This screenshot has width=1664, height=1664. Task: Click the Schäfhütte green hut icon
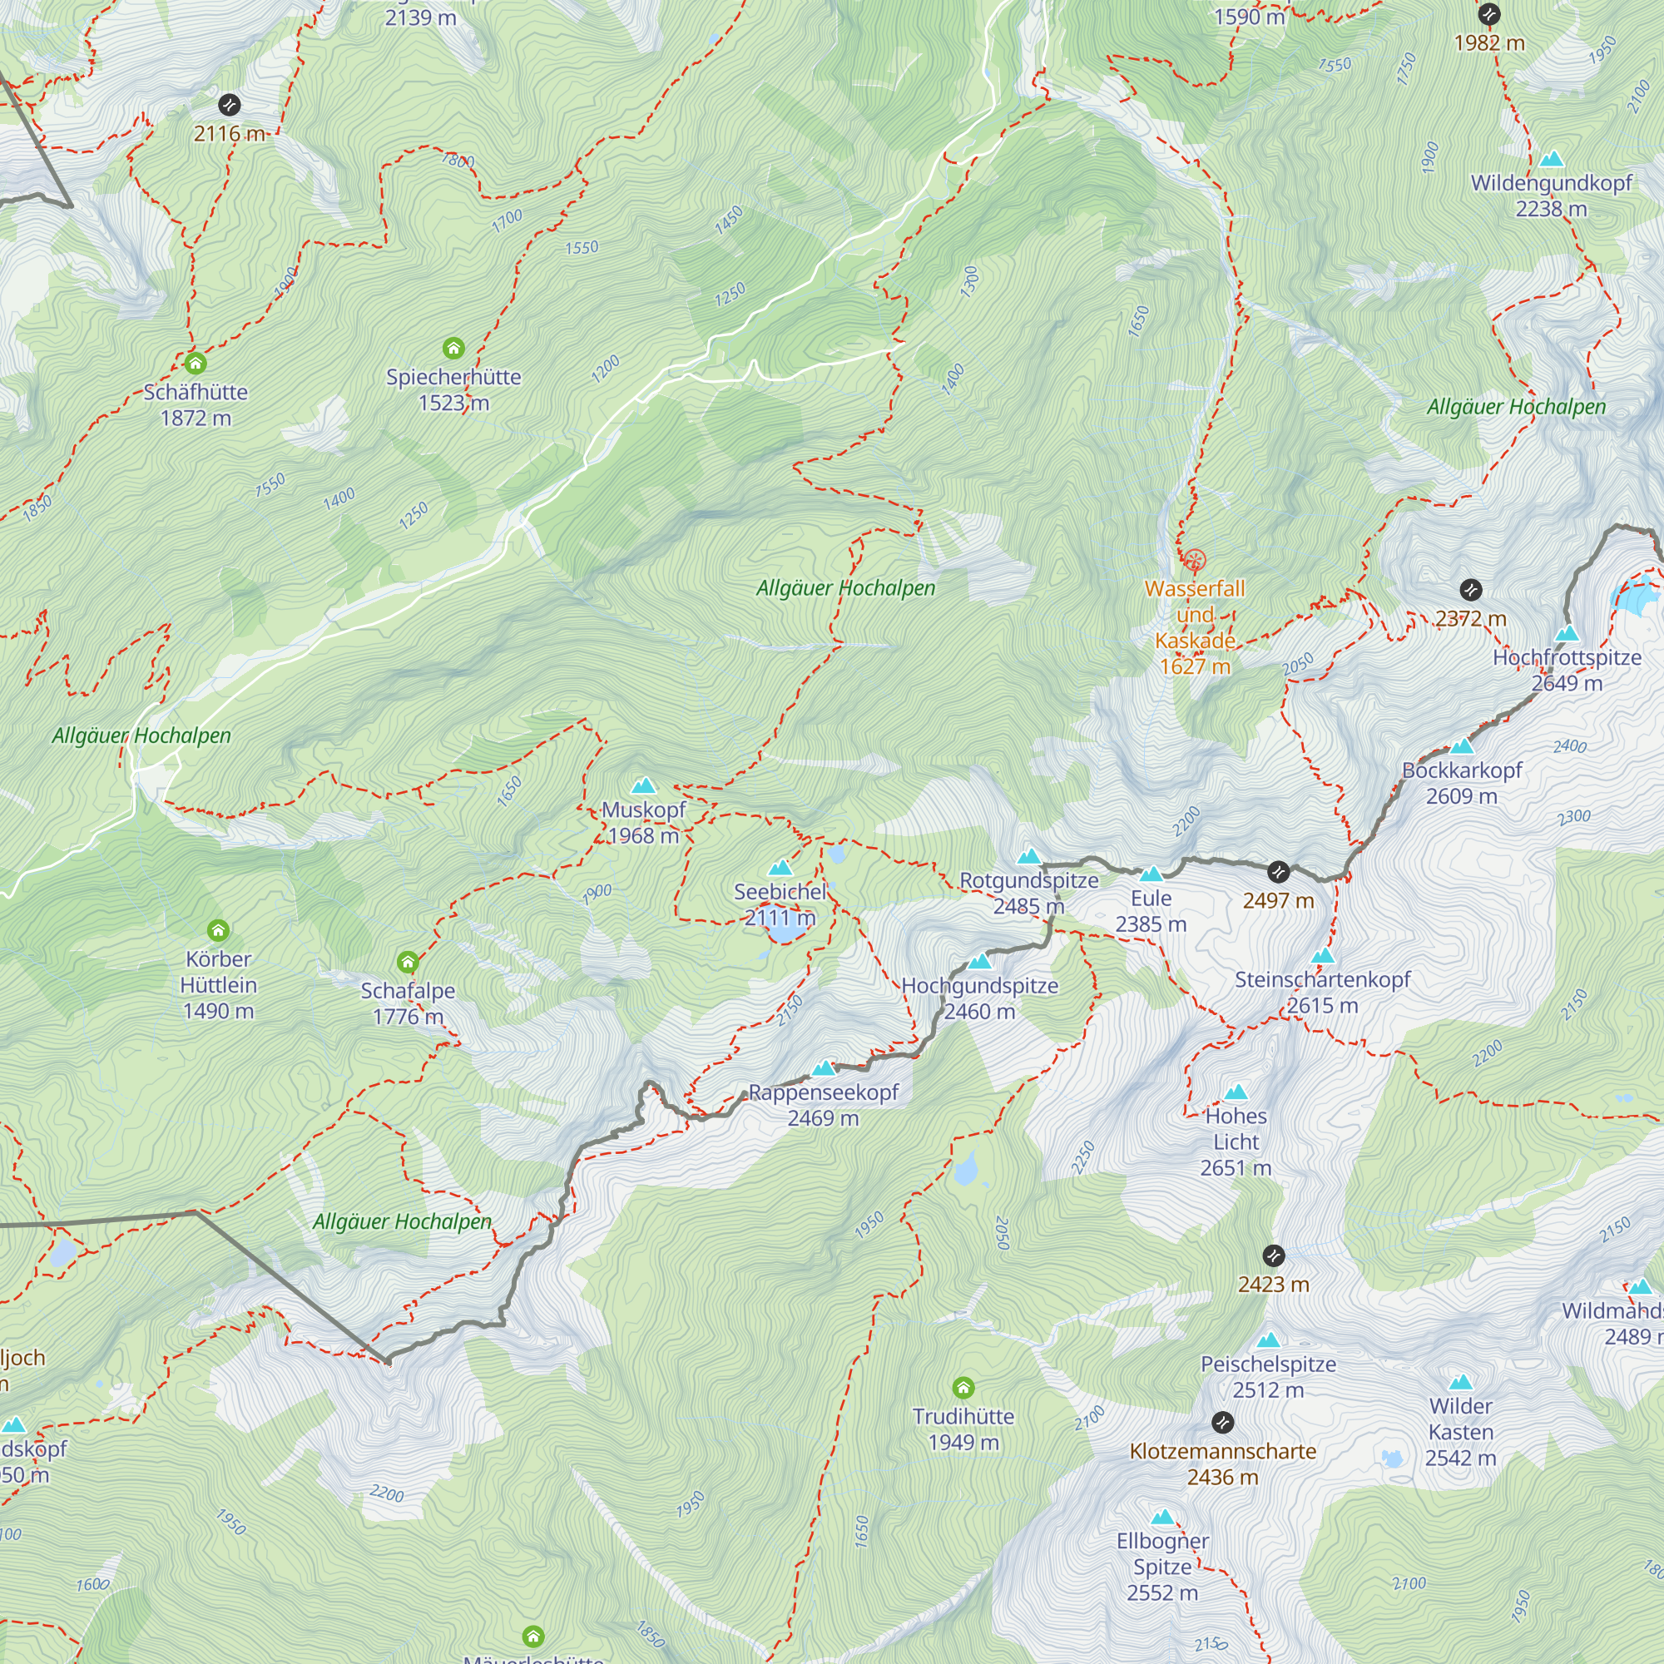coord(196,363)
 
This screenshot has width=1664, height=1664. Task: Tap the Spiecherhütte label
coord(453,377)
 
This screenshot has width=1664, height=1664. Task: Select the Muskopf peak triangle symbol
coord(643,785)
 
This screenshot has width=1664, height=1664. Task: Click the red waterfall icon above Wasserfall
coord(1194,561)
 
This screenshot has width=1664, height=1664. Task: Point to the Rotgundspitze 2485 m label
coord(1028,893)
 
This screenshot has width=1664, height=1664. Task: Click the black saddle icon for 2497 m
coord(1278,873)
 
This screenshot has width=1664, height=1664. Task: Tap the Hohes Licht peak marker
coord(1236,1093)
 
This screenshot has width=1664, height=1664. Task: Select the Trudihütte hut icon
coord(963,1388)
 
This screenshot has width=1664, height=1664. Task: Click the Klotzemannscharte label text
coord(1222,1451)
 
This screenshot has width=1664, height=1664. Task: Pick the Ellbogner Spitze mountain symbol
coord(1163,1517)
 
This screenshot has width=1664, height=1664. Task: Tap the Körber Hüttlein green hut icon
coord(218,930)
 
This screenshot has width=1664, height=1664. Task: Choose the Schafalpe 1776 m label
coord(408,1003)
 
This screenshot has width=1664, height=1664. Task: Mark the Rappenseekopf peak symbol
coord(825,1069)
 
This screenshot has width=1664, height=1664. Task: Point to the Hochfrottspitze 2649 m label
coord(1566,670)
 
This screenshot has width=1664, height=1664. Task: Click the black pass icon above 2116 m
coord(229,105)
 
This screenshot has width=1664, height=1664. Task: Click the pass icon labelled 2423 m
coord(1273,1255)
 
